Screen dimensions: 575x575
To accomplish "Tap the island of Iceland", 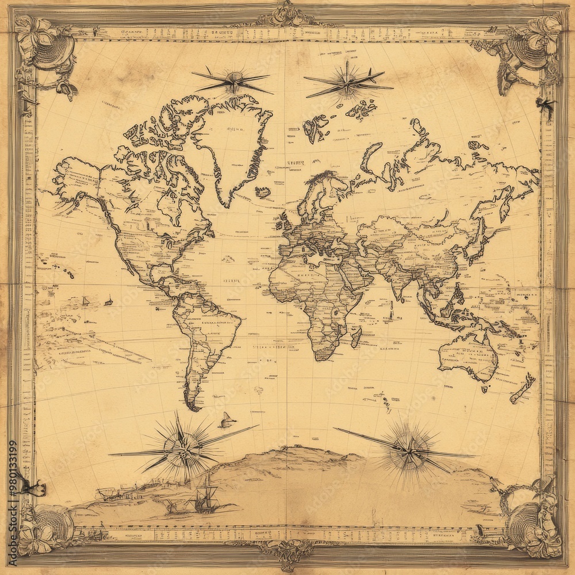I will (x=263, y=192).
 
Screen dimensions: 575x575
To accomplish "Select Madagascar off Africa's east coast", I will (x=356, y=336).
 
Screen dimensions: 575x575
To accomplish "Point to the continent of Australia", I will (x=469, y=356).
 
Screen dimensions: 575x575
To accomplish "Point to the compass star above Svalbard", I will (x=347, y=82).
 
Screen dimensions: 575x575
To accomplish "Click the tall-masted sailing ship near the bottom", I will (x=205, y=497).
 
